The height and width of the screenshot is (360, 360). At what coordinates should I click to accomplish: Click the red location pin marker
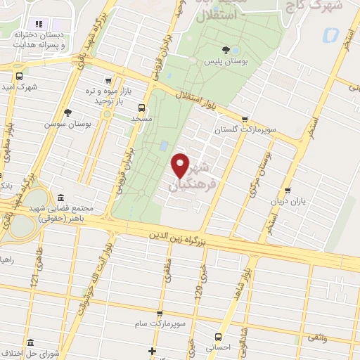[181, 165]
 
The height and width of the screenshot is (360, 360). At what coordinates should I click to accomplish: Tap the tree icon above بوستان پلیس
[225, 49]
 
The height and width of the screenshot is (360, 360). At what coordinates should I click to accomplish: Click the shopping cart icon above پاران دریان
[287, 191]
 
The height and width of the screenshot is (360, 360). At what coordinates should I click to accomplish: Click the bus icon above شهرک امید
[19, 77]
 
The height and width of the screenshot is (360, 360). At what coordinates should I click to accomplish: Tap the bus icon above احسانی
[219, 336]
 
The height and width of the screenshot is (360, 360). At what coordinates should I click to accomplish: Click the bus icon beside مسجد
[142, 108]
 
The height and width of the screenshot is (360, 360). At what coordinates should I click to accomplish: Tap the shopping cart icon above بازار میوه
[107, 81]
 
